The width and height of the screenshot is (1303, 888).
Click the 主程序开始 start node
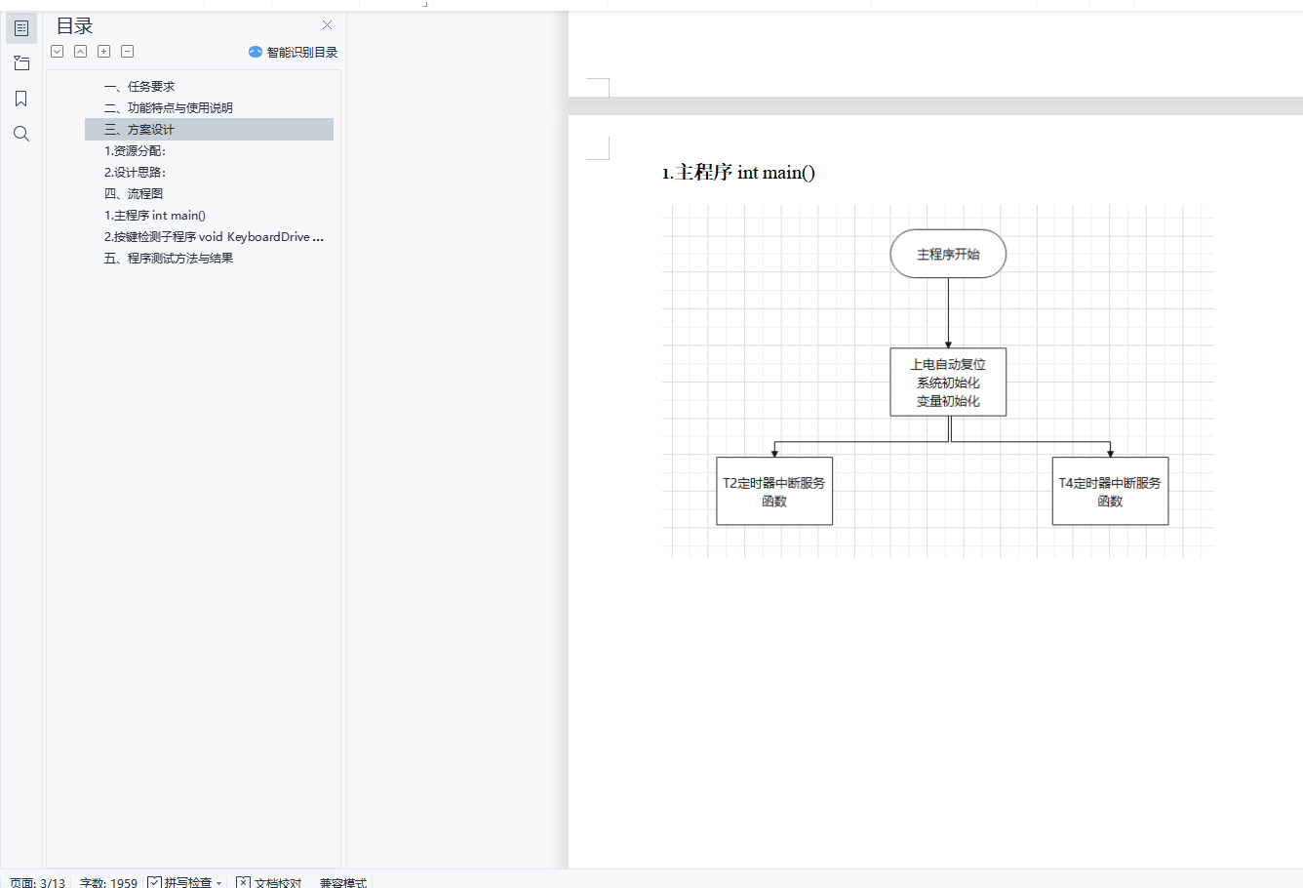tap(948, 254)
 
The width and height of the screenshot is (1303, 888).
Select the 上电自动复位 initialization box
tap(948, 382)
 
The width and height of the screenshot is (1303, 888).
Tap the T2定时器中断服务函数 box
tap(773, 491)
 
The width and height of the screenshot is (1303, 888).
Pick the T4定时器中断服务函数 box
tap(1110, 491)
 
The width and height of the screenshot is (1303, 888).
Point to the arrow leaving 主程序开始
tap(948, 312)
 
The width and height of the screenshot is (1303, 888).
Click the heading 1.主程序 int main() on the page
tap(738, 173)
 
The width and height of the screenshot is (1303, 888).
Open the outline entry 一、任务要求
tap(139, 87)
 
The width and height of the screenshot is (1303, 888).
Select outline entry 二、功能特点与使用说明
tap(169, 108)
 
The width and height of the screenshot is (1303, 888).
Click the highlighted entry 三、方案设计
tap(139, 130)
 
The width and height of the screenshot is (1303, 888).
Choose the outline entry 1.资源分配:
tap(135, 151)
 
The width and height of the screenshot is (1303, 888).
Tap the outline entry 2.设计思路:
tap(135, 173)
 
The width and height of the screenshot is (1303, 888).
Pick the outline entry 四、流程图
tap(134, 194)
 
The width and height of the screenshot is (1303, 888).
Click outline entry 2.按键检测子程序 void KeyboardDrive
tap(214, 237)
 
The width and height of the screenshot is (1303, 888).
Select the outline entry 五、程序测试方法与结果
tap(169, 259)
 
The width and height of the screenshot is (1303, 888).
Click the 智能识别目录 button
tap(294, 52)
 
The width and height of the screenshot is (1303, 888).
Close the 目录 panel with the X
tap(327, 25)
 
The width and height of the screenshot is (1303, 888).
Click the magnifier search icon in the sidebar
tap(21, 134)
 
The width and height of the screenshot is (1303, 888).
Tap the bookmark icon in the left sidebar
tap(21, 99)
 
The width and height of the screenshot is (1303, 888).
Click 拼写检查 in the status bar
tap(185, 882)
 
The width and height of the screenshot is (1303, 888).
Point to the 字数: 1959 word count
tap(108, 882)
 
